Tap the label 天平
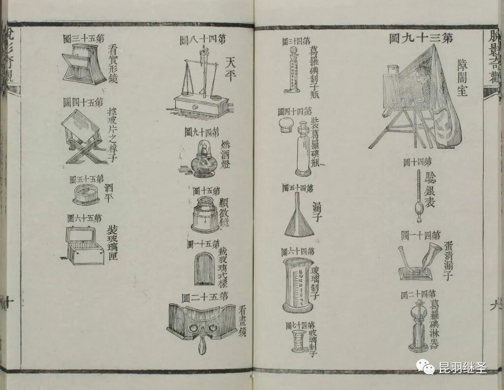coord(231,68)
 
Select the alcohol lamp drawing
coord(202,160)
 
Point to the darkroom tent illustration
coord(418,96)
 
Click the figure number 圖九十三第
coord(421,38)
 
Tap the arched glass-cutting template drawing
coord(204,268)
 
